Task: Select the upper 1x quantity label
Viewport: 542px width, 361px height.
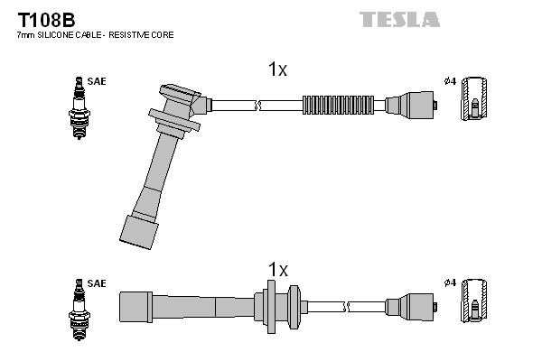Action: (x=277, y=69)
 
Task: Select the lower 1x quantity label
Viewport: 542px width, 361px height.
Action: (x=277, y=270)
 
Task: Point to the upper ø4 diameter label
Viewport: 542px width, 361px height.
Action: (x=449, y=82)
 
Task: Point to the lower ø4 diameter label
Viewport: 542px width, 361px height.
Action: (x=449, y=283)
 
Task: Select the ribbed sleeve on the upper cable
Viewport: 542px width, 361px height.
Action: (x=336, y=104)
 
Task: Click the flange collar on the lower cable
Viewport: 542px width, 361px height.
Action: (x=271, y=304)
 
